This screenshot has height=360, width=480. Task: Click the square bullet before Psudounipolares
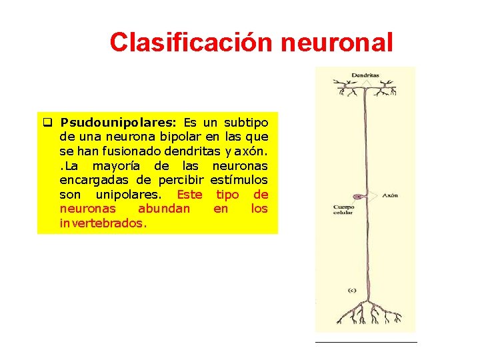click(47, 123)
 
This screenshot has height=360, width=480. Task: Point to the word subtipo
click(246, 123)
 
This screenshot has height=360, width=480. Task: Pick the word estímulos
click(239, 180)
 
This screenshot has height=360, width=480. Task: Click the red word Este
click(189, 194)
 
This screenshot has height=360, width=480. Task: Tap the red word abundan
click(163, 209)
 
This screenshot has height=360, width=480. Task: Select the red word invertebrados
click(103, 223)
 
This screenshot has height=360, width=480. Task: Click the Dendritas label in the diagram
click(365, 75)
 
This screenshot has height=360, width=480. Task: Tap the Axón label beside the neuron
click(390, 196)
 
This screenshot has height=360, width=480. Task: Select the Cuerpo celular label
click(343, 210)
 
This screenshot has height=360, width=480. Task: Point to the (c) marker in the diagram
click(352, 290)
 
